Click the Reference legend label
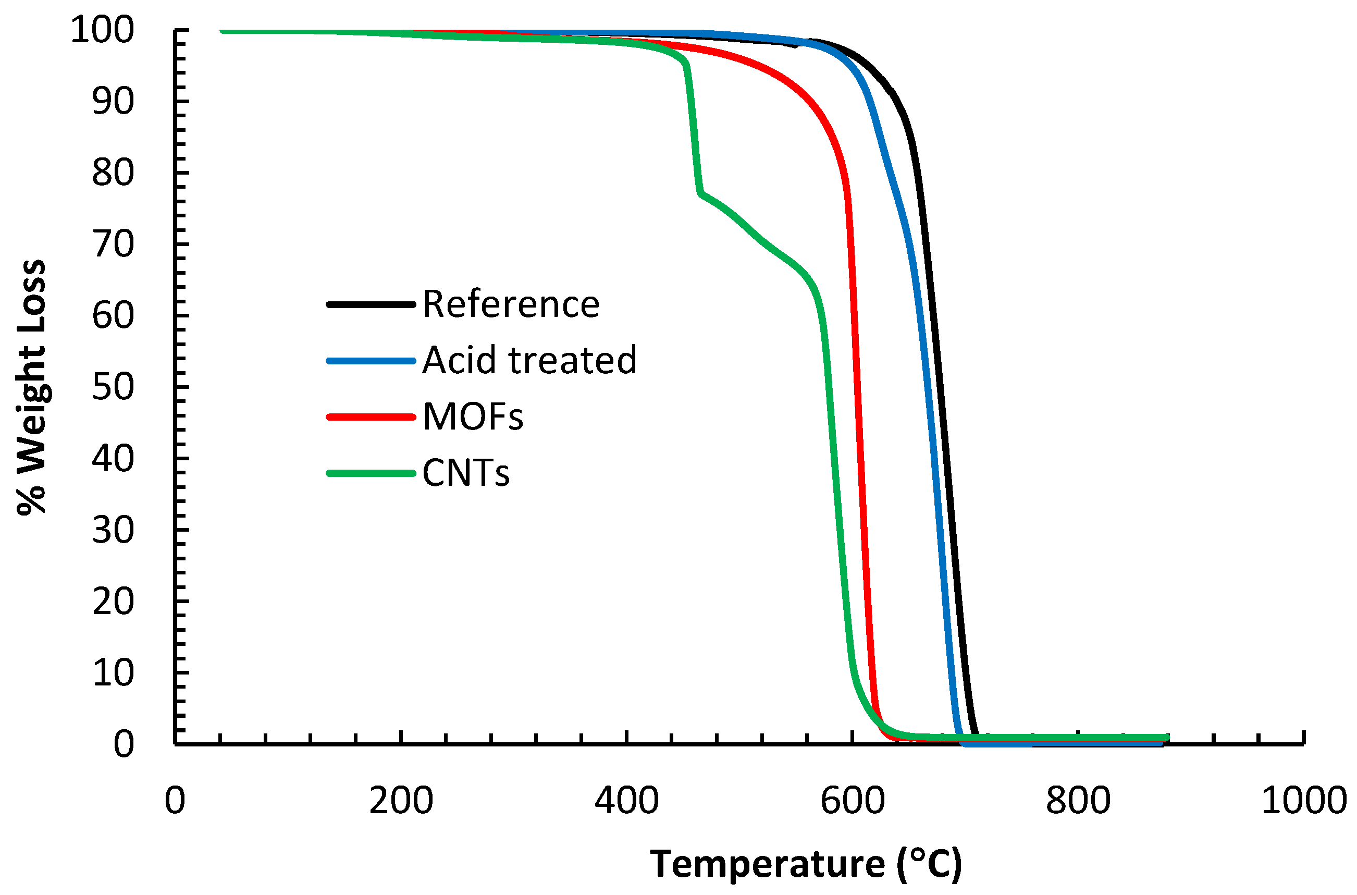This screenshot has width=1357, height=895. point(511,304)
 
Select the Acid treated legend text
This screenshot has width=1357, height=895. point(529,361)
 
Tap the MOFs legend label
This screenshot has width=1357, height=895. point(473,416)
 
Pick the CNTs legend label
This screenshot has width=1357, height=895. point(466,473)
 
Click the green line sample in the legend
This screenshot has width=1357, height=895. point(371,473)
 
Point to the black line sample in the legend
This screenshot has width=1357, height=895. point(371,304)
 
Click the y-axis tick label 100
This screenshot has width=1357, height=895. point(102,30)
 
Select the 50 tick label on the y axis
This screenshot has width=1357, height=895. point(113,387)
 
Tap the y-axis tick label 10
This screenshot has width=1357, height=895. point(113,673)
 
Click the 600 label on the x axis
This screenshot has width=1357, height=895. point(853,801)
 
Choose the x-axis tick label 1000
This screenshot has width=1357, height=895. point(1304,801)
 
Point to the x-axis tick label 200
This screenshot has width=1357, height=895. point(401,801)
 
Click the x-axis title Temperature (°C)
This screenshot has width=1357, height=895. point(806,864)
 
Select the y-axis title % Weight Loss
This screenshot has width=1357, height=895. point(31,387)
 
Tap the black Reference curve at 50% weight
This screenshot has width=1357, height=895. point(940,387)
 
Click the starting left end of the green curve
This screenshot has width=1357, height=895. point(223,30)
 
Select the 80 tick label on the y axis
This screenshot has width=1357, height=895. point(113,173)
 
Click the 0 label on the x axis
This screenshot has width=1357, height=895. point(175,801)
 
